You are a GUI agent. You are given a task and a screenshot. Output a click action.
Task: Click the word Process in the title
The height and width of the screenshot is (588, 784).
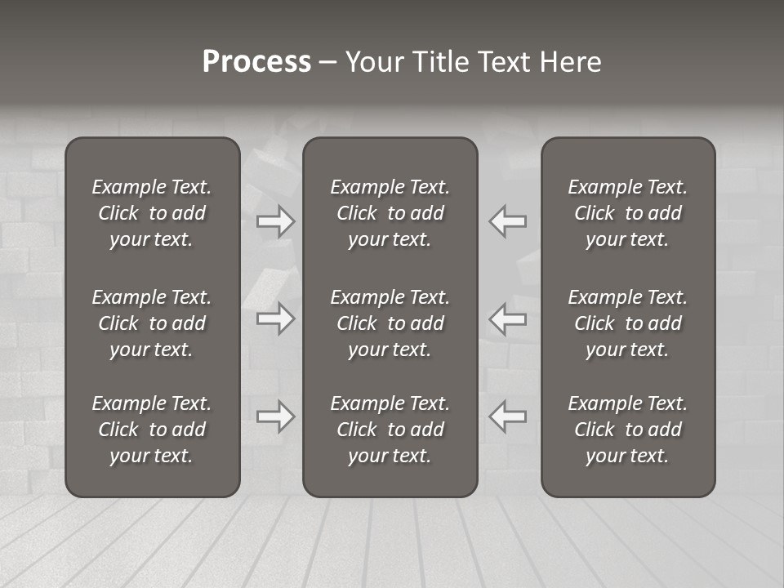coord(256,62)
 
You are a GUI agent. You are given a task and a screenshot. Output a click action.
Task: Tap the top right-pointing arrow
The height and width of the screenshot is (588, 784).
coord(276,221)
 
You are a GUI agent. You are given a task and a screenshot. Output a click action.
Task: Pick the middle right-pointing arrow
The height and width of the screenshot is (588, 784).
coord(276,318)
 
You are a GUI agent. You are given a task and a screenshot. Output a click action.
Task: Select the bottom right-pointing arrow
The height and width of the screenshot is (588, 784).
coord(276,416)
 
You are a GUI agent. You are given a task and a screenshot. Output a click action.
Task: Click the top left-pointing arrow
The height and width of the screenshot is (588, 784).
coord(507,221)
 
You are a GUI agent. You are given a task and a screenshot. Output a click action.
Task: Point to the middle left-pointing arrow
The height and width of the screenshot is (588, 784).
coord(507,318)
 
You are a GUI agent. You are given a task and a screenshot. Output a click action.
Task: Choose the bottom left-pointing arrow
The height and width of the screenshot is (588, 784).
coord(507,416)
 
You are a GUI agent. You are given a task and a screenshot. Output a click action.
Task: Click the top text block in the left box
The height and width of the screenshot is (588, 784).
coord(152,213)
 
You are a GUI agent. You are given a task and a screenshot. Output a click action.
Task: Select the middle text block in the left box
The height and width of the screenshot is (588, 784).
coord(152,323)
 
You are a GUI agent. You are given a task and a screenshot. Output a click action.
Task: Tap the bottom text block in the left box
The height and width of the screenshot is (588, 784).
coord(152,430)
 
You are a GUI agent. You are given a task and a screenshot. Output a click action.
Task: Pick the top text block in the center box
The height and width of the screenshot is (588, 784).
coord(390,213)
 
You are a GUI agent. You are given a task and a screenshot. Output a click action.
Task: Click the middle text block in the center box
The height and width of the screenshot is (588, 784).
coord(390,323)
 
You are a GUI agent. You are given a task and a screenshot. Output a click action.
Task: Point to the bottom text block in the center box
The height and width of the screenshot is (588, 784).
coord(390,430)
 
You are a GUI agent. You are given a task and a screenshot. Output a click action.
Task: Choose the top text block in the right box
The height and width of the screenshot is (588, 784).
coord(627,213)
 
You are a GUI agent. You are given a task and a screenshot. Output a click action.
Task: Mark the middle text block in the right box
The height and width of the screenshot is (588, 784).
coord(627,323)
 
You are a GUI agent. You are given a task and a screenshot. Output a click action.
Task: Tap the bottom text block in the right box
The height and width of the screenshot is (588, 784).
coord(627,430)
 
